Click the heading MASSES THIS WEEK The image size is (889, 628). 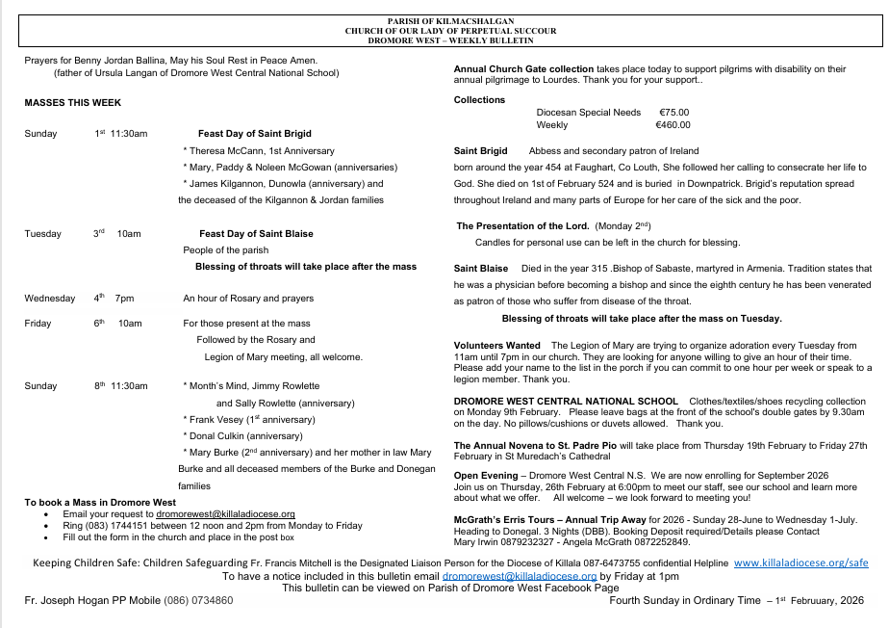click(73, 102)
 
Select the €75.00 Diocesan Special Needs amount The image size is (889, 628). click(673, 113)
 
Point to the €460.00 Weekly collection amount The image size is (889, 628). click(672, 125)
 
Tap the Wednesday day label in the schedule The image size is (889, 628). click(50, 299)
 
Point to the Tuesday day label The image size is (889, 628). click(43, 233)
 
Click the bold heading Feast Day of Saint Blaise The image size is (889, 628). click(256, 233)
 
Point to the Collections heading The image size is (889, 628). click(479, 100)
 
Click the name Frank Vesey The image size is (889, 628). click(216, 419)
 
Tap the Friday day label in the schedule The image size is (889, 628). click(38, 324)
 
